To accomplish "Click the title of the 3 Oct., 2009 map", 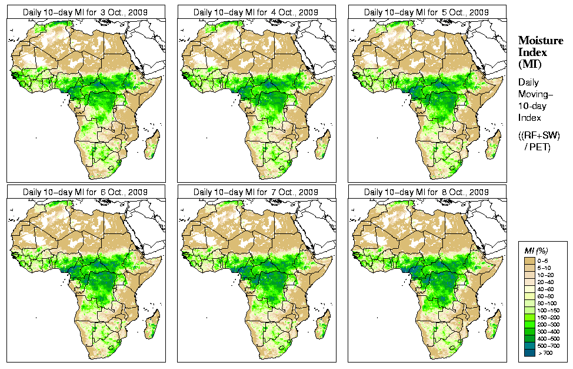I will pyautogui.click(x=85, y=12).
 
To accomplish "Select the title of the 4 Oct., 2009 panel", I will pyautogui.click(x=256, y=12).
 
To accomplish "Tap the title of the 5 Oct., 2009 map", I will pyautogui.click(x=427, y=12).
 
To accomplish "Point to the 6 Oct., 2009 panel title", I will pyautogui.click(x=85, y=192).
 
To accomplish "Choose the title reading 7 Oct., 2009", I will pyautogui.click(x=256, y=192).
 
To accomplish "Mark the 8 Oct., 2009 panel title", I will pyautogui.click(x=427, y=192).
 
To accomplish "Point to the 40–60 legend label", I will pyautogui.click(x=550, y=289).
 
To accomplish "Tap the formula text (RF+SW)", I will pyautogui.click(x=539, y=136).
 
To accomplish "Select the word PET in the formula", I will pyautogui.click(x=541, y=147).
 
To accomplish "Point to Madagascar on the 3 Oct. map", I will pyautogui.click(x=152, y=144).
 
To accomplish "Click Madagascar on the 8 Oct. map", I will pyautogui.click(x=493, y=325).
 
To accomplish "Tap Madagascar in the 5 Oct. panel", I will pyautogui.click(x=493, y=144).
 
